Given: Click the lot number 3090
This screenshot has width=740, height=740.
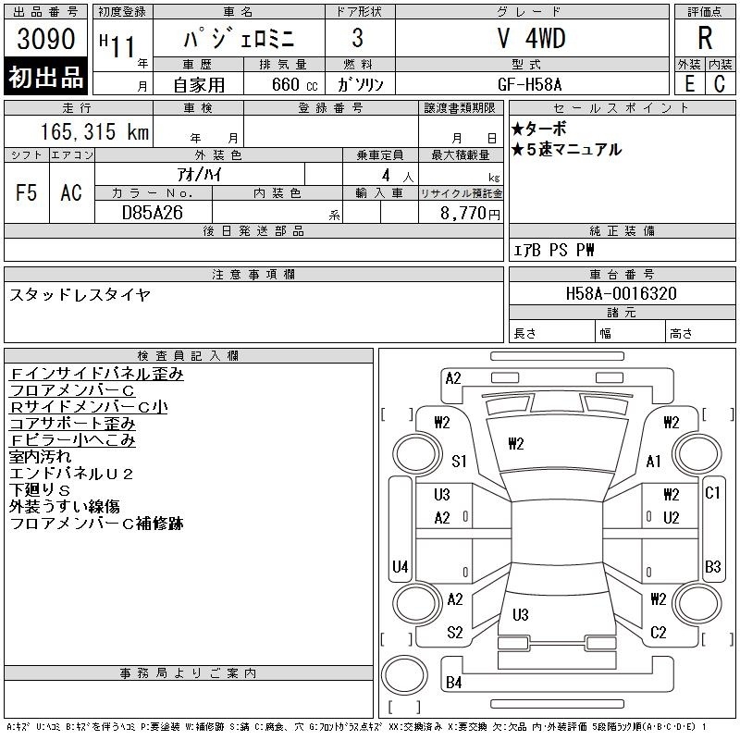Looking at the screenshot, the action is point(45,39).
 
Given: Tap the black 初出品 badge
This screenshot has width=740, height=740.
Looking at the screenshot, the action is point(45,77).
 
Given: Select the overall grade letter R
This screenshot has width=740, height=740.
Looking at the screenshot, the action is point(705,39).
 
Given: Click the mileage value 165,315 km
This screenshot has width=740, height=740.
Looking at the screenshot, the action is point(94,132).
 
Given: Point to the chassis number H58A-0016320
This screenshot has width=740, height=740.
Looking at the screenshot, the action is point(622,293).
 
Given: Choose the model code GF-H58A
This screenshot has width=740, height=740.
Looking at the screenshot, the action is point(529,85).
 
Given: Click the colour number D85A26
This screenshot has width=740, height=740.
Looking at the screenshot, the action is point(153,213).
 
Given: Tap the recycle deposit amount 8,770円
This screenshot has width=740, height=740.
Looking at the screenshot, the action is point(470,214).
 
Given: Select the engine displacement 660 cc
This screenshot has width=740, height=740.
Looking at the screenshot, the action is point(295,85).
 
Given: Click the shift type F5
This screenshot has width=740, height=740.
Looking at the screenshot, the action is point(27,192).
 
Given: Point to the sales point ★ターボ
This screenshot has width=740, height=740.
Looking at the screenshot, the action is point(539,129).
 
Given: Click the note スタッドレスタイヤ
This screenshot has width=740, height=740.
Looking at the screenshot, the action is point(80,295).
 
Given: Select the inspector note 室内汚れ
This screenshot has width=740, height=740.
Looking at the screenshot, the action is point(40,456).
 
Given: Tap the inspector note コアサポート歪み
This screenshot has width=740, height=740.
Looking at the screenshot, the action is point(73,424).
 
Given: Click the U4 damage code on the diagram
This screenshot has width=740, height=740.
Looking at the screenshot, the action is point(401,566).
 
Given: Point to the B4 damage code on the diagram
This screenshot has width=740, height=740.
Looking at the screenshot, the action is point(453,683).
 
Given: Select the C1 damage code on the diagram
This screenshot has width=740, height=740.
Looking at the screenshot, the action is point(712,493).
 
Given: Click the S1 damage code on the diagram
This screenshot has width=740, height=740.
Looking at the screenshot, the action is point(459,461).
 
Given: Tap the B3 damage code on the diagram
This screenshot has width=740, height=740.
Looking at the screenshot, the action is point(712,566).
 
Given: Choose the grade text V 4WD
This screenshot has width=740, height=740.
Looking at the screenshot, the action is point(532,38).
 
